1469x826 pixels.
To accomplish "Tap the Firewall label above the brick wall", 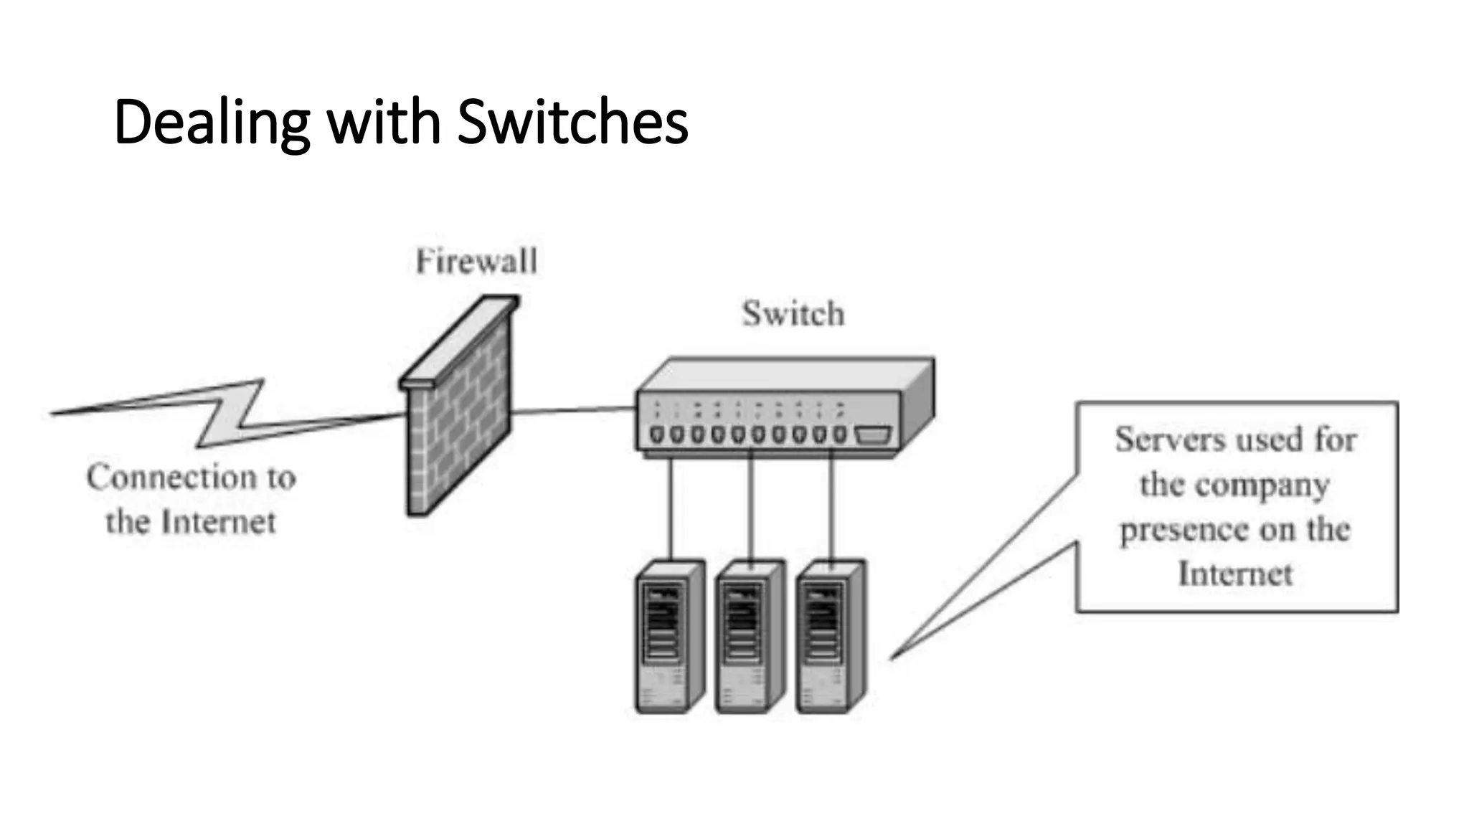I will (x=476, y=261).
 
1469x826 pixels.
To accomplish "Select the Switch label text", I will (x=793, y=314).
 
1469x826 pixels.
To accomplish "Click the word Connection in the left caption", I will (x=171, y=478).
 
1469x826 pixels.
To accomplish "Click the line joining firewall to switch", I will (x=574, y=411).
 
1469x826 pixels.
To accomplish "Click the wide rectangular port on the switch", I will (x=872, y=435).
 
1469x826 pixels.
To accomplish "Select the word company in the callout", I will (x=1262, y=485).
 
